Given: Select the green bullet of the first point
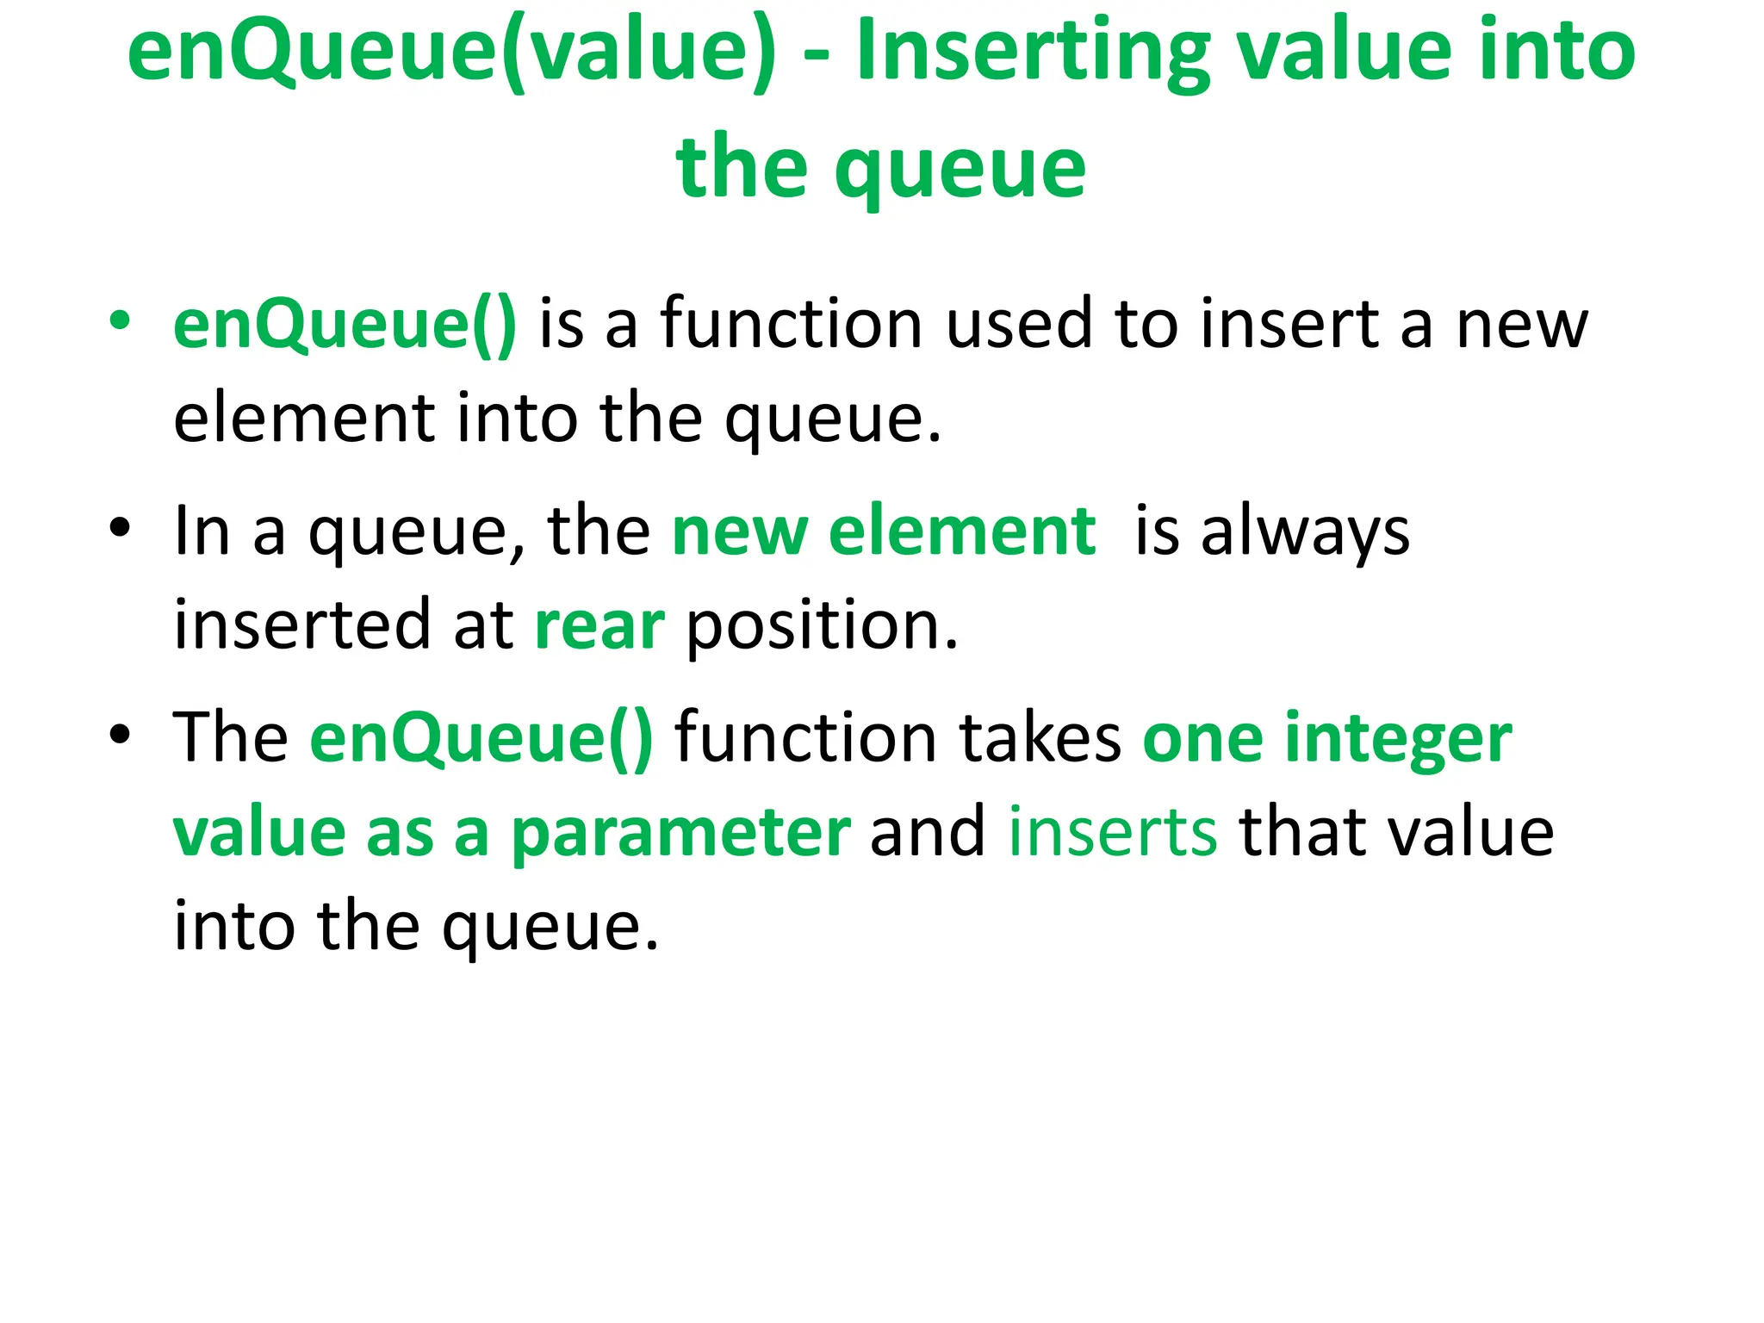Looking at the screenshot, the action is pyautogui.click(x=120, y=320).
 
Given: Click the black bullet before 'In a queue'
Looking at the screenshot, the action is pyautogui.click(x=120, y=527).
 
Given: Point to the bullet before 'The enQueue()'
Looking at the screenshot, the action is pyautogui.click(x=120, y=734).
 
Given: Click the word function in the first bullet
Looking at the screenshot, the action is pyautogui.click(x=792, y=324).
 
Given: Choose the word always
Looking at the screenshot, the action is pyautogui.click(x=1305, y=532).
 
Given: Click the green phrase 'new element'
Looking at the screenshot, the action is pyautogui.click(x=884, y=531).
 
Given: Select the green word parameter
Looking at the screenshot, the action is pyautogui.click(x=680, y=834).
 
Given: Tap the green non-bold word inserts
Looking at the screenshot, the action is pyautogui.click(x=1113, y=832).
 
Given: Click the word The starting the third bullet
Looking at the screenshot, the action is pyautogui.click(x=231, y=738).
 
